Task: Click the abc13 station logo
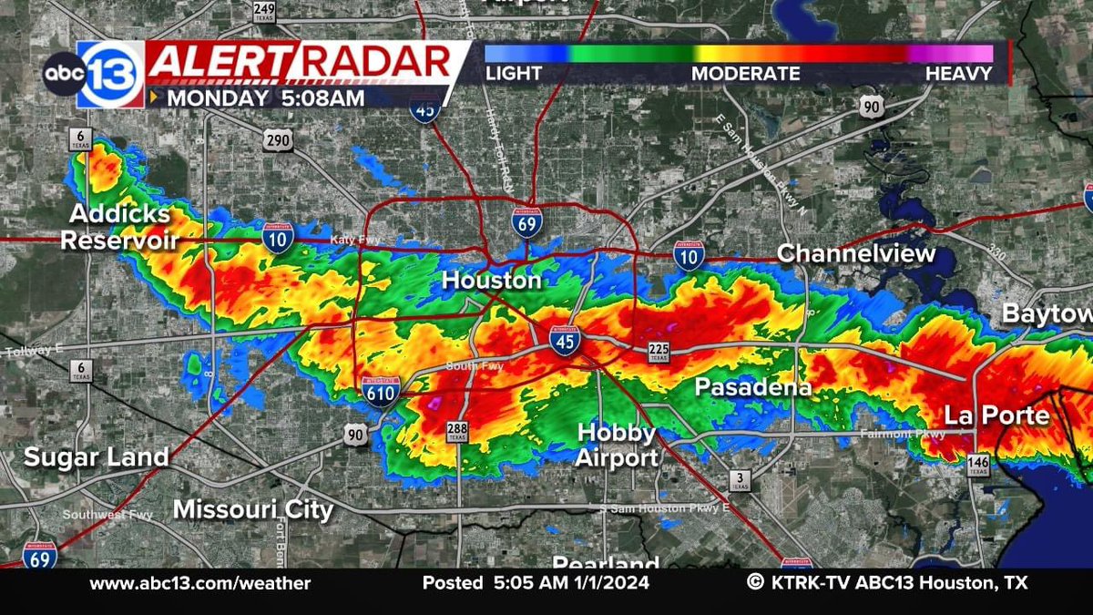pos(93,75)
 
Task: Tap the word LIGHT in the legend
pos(514,74)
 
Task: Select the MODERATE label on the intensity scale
pos(745,74)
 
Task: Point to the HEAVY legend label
pos(958,74)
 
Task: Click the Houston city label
pos(492,281)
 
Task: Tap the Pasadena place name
pos(753,387)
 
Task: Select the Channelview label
pos(857,253)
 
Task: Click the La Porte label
pos(996,415)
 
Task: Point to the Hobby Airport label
pos(617,446)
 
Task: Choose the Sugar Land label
pos(97,456)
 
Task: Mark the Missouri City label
pos(253,509)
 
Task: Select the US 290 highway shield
pos(277,140)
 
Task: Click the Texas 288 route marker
pos(457,432)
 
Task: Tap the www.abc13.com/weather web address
pos(200,583)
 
